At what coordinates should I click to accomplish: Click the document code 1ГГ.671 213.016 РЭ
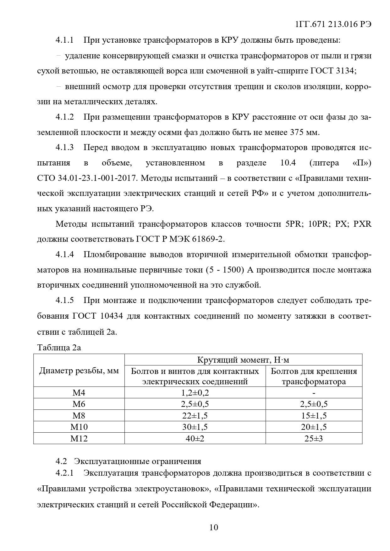[x=333, y=24]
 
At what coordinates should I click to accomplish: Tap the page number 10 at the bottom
[x=214, y=527]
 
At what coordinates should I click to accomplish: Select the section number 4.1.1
[x=64, y=40]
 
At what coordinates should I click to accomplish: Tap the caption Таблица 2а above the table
[x=59, y=348]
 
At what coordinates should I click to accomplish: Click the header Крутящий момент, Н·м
[x=243, y=360]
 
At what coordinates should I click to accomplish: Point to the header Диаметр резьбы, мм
[x=79, y=371]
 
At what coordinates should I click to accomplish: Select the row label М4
[x=79, y=393]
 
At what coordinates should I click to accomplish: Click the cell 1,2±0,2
[x=195, y=393]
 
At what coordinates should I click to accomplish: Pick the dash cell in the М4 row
[x=314, y=393]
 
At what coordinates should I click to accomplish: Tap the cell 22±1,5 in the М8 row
[x=195, y=416]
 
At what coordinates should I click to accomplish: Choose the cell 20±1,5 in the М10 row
[x=314, y=427]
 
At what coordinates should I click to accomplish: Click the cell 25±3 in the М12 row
[x=314, y=439]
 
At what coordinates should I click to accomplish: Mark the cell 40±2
[x=195, y=439]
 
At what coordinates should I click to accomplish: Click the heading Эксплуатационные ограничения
[x=137, y=461]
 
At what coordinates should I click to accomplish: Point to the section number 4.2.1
[x=64, y=473]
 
